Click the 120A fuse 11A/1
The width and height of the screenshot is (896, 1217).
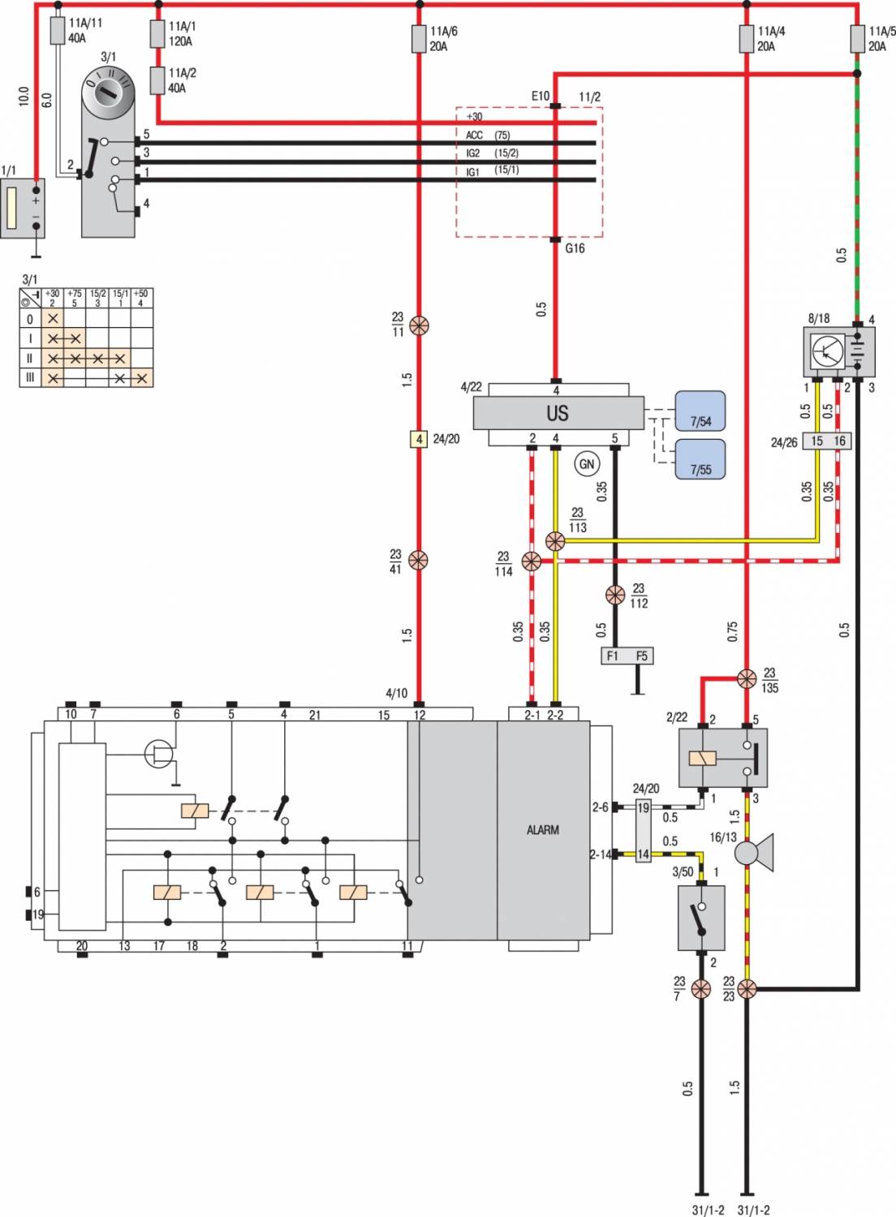tap(157, 34)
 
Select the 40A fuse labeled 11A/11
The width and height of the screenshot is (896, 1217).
tap(58, 31)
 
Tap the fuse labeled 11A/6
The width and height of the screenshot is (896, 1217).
tap(419, 39)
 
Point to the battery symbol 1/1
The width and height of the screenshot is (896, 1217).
tap(22, 208)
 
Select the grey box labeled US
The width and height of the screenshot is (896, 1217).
tap(558, 413)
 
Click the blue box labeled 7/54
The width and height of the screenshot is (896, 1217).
tap(700, 411)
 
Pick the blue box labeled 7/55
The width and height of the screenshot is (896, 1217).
tap(700, 459)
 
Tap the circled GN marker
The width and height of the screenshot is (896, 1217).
tap(586, 463)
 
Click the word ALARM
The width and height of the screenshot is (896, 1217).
tap(542, 830)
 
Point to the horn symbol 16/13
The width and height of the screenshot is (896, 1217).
tap(754, 852)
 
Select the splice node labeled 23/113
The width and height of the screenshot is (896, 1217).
tap(555, 541)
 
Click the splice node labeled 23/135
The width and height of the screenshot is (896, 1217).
tap(747, 678)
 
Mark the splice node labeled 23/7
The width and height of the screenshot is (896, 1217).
tap(701, 988)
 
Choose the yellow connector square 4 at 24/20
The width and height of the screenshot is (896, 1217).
tap(419, 438)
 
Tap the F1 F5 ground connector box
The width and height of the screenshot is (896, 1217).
tap(627, 656)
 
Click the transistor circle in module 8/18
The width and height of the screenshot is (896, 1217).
tap(827, 350)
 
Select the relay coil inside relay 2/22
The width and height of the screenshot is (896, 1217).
tap(702, 758)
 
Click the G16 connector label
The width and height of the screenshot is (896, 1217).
tap(575, 248)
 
